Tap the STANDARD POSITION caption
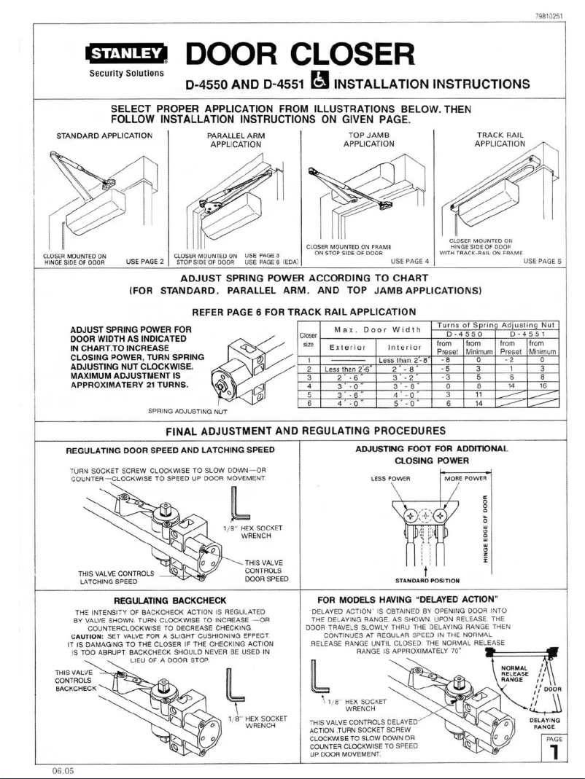[425, 581]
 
